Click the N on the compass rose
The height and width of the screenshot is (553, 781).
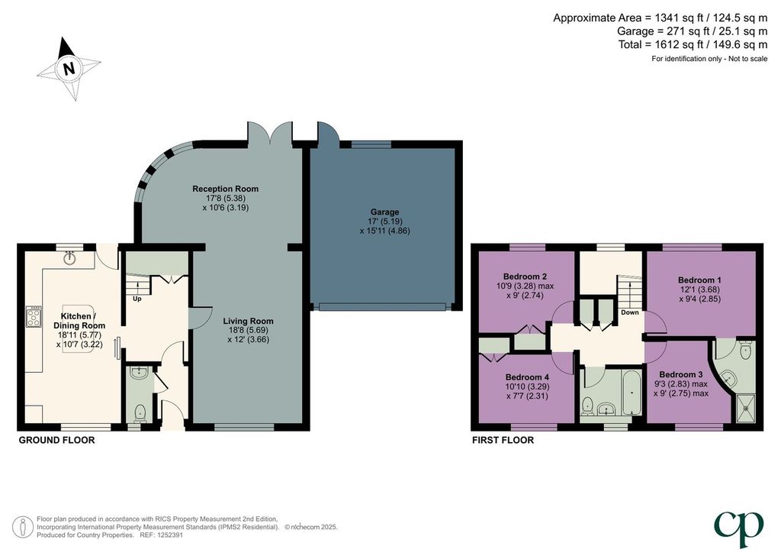69,68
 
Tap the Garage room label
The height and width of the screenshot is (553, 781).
384,212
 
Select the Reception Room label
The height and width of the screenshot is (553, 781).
226,189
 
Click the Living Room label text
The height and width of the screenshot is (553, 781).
248,321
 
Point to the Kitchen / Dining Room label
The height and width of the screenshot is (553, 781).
79,321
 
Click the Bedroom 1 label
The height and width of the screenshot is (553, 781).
699,280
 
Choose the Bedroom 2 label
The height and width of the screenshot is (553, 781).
525,276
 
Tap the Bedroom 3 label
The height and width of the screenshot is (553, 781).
681,374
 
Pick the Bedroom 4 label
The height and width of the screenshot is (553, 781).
527,377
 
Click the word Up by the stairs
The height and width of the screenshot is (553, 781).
137,299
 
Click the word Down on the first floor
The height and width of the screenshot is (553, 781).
629,312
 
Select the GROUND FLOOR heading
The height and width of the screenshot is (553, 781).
56,440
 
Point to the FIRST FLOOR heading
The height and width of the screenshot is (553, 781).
503,440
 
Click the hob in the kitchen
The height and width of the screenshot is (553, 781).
34,317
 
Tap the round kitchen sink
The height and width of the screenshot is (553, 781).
69,258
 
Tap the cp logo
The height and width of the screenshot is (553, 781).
738,529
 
